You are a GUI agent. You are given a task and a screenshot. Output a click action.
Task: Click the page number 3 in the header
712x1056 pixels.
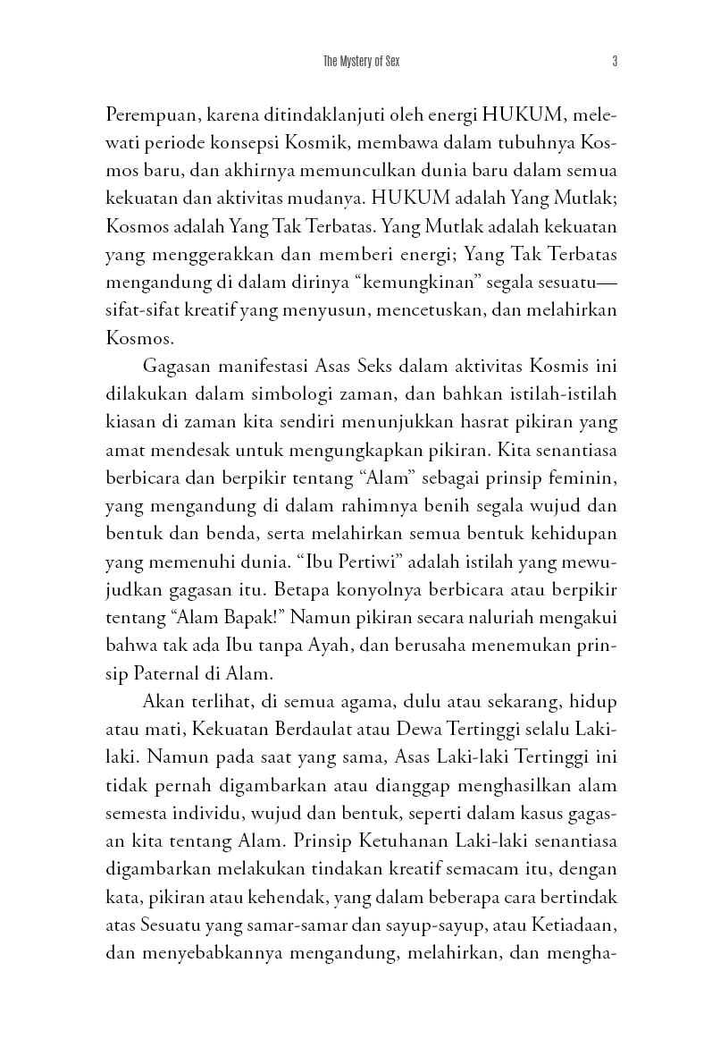[x=616, y=62]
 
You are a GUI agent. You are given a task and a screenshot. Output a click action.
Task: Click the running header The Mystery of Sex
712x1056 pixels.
[x=356, y=62]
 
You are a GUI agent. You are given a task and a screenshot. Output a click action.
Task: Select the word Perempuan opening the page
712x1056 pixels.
[x=148, y=115]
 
